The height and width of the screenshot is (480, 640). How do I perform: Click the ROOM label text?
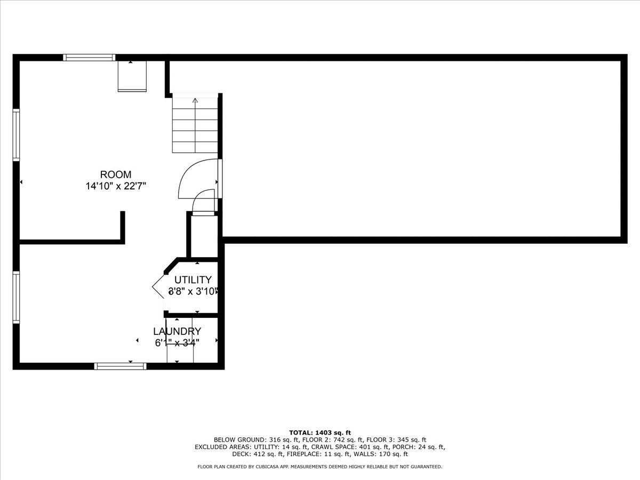tap(116, 174)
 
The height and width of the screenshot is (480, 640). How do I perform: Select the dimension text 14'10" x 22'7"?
tap(116, 186)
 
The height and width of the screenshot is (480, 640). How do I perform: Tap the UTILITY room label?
tap(193, 279)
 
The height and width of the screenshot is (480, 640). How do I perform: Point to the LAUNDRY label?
tap(177, 331)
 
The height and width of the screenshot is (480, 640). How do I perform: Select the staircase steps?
tap(195, 128)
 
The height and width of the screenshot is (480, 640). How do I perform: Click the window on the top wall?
tap(89, 58)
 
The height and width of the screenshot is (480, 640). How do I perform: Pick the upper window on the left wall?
tap(16, 135)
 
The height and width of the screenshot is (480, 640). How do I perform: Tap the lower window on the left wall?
tap(16, 297)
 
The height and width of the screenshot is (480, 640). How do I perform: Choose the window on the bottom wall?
tap(120, 366)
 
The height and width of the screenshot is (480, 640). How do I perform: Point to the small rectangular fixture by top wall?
tap(132, 76)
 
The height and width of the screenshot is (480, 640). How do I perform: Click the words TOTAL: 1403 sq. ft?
tap(320, 433)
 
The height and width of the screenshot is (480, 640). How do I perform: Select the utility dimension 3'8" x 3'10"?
tap(193, 292)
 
